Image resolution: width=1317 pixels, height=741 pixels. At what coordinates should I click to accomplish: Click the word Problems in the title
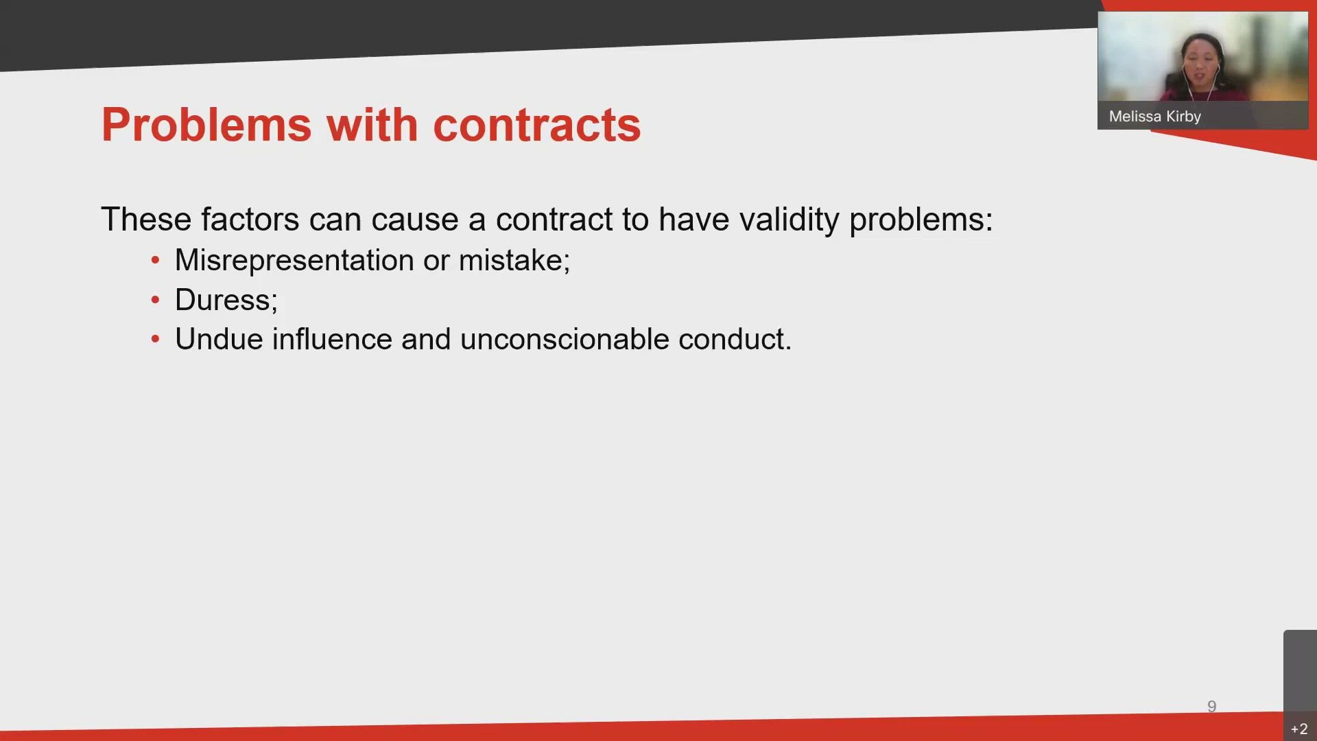tap(206, 125)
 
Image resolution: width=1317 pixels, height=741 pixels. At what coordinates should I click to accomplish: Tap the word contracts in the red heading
tap(536, 125)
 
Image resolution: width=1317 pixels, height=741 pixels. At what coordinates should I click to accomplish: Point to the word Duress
tap(224, 301)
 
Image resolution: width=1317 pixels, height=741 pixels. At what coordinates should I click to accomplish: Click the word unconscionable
tap(565, 340)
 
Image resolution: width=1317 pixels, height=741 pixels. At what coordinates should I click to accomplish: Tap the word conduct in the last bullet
tap(733, 340)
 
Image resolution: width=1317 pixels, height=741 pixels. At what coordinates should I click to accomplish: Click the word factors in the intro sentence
tap(250, 220)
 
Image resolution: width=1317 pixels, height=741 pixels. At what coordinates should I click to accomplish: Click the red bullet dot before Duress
tap(156, 300)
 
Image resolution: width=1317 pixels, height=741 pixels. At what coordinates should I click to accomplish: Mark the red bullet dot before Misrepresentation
tap(156, 261)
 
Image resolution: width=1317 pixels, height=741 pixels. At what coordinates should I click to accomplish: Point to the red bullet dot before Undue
tap(156, 339)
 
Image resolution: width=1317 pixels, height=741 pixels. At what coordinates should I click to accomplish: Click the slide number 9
tap(1211, 707)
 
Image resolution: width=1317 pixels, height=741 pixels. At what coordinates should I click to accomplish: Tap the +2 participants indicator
tap(1299, 729)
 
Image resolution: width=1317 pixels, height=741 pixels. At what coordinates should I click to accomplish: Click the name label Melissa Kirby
tap(1154, 117)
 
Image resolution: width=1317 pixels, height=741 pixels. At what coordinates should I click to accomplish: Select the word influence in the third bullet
tap(332, 340)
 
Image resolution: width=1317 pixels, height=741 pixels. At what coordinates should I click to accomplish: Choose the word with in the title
tap(372, 125)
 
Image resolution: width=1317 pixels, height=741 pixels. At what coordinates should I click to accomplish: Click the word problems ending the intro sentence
tap(919, 220)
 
